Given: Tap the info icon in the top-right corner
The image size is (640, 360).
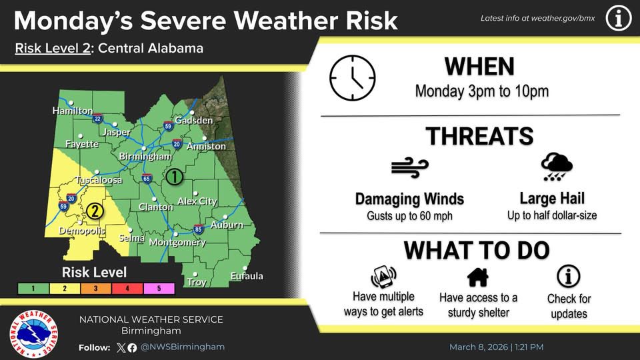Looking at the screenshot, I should coord(618,19).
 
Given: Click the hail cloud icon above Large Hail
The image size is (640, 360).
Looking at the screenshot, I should coord(557,167).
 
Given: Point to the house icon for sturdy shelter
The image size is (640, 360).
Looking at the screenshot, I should coord(478,275).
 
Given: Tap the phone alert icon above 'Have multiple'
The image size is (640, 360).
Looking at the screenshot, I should coord(383,275).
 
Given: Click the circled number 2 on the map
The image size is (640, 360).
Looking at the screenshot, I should coord(95,211).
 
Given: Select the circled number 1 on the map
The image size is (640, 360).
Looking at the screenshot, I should coord(173,177).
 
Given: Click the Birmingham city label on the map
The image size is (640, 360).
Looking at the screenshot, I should coord(145,156).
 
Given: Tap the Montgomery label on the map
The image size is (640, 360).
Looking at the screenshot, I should coord(177,243).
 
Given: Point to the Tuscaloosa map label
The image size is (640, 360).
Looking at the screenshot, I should coord(98,181).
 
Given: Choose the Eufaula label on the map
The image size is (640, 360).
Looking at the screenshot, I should coord(247,276).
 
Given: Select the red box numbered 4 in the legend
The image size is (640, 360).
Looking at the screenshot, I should coord(127,289).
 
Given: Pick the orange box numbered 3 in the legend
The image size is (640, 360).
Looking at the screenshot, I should coord(96,289).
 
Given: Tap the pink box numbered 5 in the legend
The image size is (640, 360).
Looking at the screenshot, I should coord(159,289).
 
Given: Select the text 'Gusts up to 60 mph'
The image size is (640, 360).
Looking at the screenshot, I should coord(409,216).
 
